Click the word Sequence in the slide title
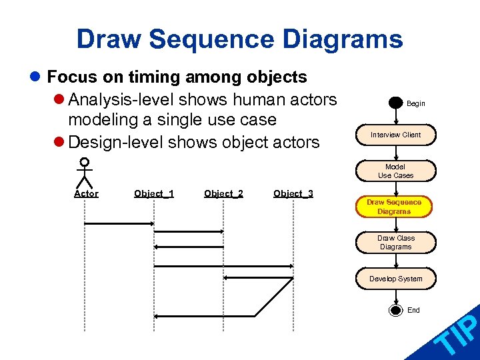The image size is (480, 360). pos(212,39)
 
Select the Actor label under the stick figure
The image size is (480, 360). pos(86,194)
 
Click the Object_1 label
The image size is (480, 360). pos(154,194)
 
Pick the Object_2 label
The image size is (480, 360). pos(223,194)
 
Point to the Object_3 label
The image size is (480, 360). pos(293,194)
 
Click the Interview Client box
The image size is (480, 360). pos(395,135)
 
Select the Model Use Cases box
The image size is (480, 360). pos(395,171)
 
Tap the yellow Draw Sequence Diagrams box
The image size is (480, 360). pos(394,207)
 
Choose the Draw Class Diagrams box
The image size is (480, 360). pos(395,243)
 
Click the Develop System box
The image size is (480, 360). pos(395,279)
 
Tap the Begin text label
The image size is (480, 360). pos(416,104)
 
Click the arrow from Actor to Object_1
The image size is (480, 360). pos(119,224)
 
